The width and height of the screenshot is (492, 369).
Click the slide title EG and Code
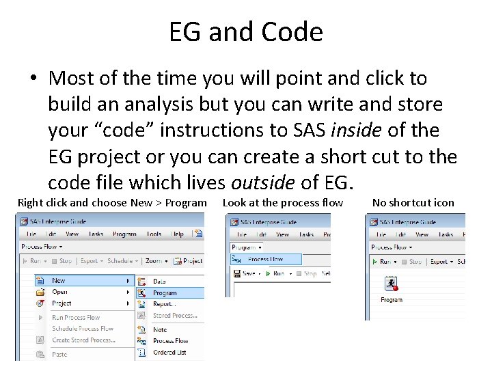pyautogui.click(x=246, y=32)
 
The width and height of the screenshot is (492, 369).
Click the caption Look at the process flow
pyautogui.click(x=283, y=202)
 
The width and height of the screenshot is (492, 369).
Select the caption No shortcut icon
pyautogui.click(x=413, y=202)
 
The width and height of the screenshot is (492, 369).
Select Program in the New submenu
pyautogui.click(x=165, y=293)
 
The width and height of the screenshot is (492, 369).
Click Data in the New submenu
pyautogui.click(x=159, y=281)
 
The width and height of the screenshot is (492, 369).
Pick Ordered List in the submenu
pyautogui.click(x=169, y=353)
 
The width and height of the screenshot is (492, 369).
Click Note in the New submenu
pyautogui.click(x=160, y=329)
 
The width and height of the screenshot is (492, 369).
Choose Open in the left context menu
pyautogui.click(x=60, y=292)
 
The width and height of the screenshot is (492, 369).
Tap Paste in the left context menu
pyautogui.click(x=59, y=354)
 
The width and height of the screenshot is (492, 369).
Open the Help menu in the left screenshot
pyautogui.click(x=178, y=234)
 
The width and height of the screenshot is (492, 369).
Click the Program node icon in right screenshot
pyautogui.click(x=391, y=284)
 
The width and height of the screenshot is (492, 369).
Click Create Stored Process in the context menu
pyautogui.click(x=83, y=340)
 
